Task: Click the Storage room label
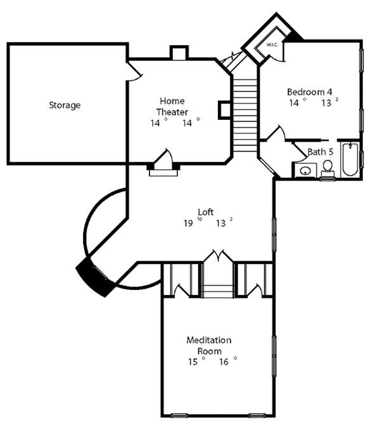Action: pos(65,105)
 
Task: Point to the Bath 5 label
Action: pos(320,152)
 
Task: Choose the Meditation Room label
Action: pos(208,345)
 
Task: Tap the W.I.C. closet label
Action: pos(273,45)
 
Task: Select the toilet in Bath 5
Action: pos(327,169)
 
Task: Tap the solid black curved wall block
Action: pos(94,275)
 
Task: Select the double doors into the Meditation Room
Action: pos(218,257)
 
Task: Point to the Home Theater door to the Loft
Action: pos(163,158)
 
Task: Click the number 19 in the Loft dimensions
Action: pos(187,223)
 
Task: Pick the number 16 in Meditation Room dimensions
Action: pos(224,362)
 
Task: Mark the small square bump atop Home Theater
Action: pos(179,53)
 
